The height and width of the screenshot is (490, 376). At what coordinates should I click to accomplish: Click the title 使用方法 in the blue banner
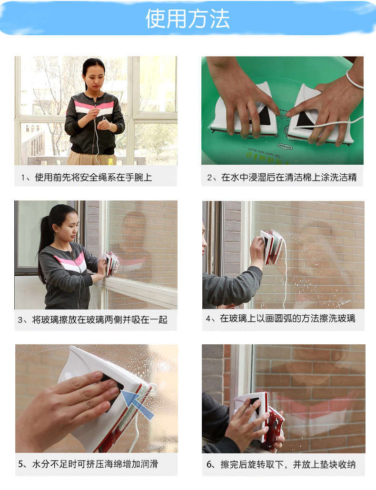tap(188, 19)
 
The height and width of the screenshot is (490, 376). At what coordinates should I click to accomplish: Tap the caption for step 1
tap(87, 178)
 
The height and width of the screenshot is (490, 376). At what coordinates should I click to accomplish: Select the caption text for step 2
tap(282, 177)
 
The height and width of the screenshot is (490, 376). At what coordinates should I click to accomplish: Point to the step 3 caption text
tap(92, 320)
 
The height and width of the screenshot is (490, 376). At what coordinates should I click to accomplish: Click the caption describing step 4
tap(280, 319)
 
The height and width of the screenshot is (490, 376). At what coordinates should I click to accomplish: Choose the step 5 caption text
tap(88, 464)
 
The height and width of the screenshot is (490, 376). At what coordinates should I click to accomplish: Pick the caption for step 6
tap(281, 464)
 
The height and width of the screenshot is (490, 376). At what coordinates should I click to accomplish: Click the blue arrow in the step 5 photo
tap(138, 405)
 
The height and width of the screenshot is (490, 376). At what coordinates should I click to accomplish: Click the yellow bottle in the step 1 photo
tap(110, 161)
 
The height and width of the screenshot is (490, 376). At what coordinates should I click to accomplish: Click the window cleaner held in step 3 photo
tap(111, 263)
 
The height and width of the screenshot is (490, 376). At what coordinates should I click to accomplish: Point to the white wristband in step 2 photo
tap(354, 80)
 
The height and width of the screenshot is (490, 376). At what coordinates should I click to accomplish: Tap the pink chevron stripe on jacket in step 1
tap(94, 105)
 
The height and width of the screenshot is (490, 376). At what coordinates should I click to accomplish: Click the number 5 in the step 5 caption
tap(20, 464)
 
